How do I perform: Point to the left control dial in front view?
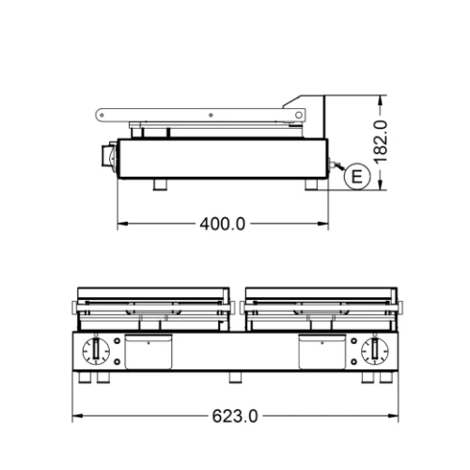97,352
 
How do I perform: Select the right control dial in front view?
373,352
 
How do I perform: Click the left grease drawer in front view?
149,352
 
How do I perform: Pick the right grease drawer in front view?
321,352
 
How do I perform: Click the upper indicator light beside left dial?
117,341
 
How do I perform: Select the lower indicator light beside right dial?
353,362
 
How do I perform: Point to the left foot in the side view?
161,182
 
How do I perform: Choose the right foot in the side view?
311,182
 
